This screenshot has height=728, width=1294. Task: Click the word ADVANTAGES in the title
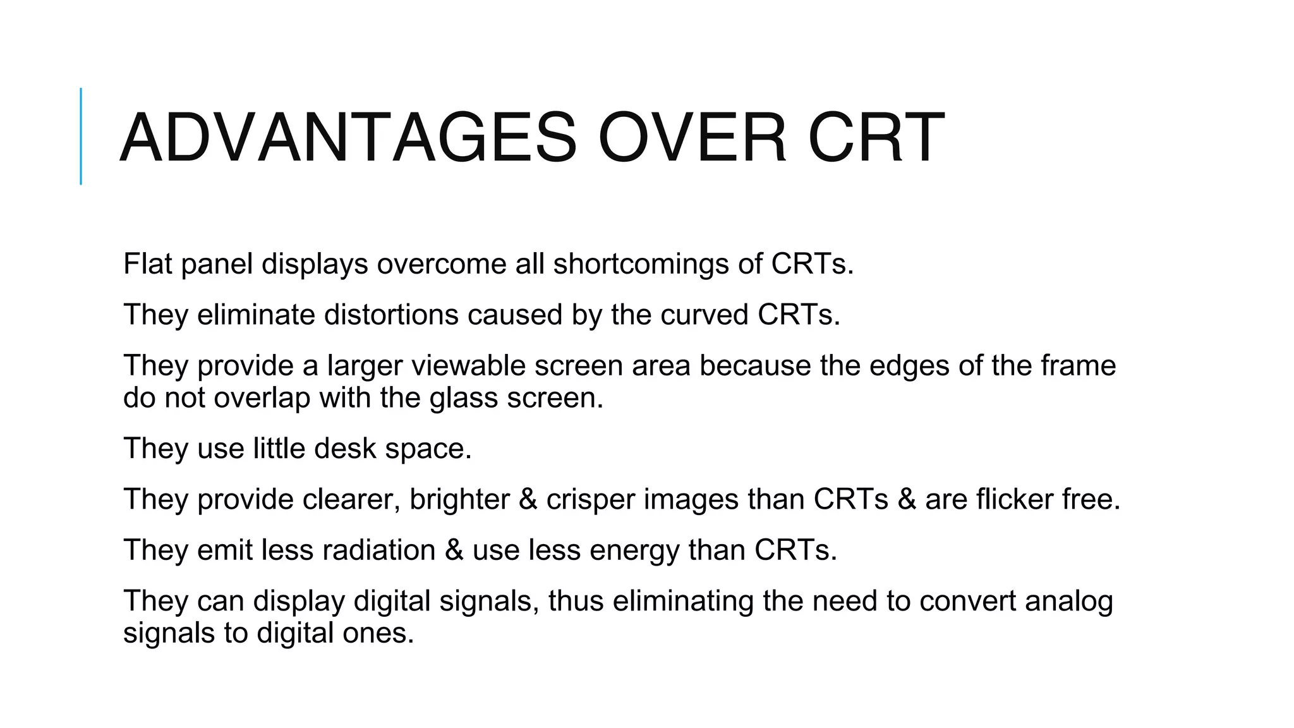click(x=348, y=138)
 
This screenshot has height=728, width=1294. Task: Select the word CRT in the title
click(x=876, y=138)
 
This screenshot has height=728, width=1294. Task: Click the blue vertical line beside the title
click(x=81, y=136)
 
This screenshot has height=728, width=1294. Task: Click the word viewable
click(x=468, y=366)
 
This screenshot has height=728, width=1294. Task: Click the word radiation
click(x=379, y=550)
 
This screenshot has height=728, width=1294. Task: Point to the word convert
click(x=967, y=601)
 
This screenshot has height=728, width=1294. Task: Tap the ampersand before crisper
click(x=528, y=500)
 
